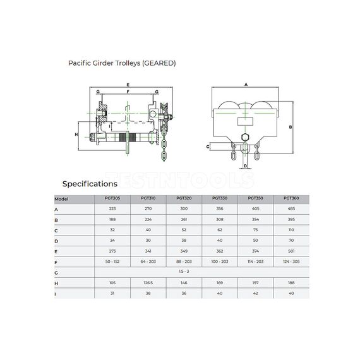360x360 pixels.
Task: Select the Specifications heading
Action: point(89,184)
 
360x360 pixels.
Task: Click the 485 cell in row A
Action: point(291,209)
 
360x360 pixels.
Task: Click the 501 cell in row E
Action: point(291,250)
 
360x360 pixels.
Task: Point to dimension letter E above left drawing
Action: point(128,84)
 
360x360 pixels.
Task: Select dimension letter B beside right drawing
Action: point(290,127)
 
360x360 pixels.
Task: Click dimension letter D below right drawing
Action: point(244,166)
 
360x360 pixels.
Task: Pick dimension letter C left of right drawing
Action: point(208,147)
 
